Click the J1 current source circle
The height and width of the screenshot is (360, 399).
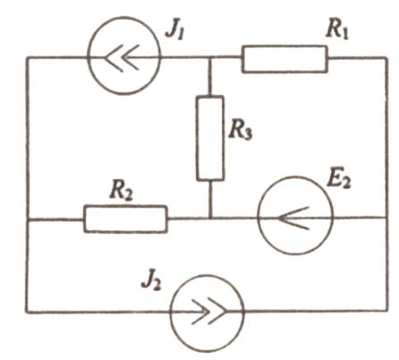click(87, 56)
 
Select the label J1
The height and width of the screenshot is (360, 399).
click(175, 31)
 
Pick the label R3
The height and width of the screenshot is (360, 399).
click(241, 131)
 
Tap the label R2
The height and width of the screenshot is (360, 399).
click(121, 192)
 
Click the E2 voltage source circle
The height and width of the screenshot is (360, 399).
click(258, 216)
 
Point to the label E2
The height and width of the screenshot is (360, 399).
click(339, 179)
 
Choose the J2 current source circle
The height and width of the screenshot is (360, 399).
click(171, 313)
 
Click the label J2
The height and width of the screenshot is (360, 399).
click(152, 281)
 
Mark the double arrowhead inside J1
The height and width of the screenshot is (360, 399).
click(123, 57)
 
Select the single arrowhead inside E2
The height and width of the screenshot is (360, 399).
click(293, 219)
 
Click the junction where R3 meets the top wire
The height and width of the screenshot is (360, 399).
click(210, 57)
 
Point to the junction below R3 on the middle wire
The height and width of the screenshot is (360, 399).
click(210, 219)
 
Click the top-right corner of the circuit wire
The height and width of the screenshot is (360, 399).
click(386, 58)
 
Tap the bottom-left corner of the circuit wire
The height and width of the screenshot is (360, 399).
click(27, 312)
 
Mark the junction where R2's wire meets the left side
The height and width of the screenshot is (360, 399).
click(28, 219)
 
